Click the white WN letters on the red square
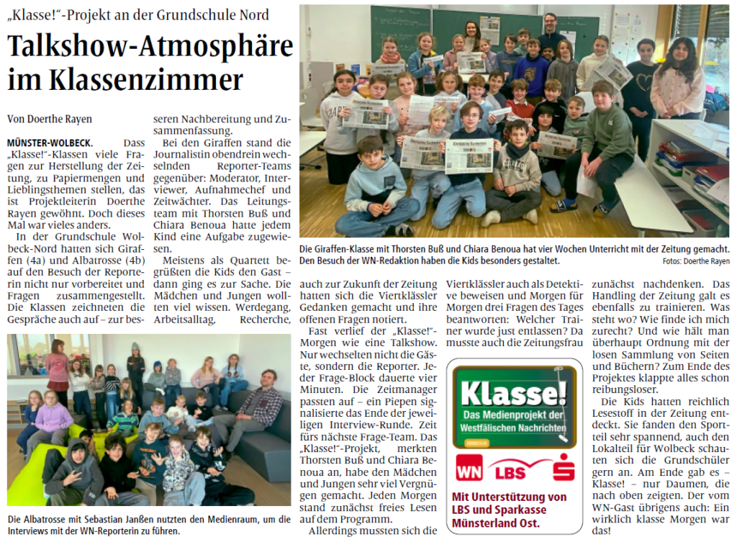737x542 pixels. (x=469, y=471)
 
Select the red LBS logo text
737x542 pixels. (x=512, y=472)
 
